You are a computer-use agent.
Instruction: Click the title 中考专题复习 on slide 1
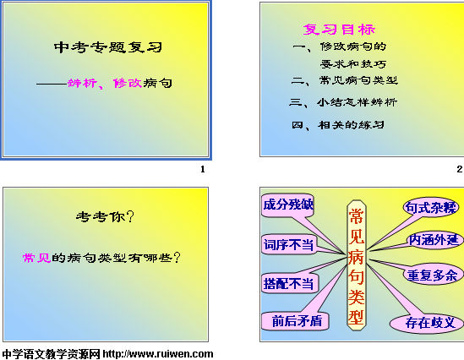(108, 47)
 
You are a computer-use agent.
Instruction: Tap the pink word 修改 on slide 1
(128, 83)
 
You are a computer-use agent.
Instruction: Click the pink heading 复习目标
(339, 30)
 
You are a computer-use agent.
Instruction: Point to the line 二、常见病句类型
(345, 80)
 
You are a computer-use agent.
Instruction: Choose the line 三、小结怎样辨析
(343, 102)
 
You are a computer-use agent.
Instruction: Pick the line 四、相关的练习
(338, 125)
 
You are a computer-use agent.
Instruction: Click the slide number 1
(203, 169)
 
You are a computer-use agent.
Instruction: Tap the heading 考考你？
(106, 216)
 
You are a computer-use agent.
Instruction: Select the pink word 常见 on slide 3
(37, 258)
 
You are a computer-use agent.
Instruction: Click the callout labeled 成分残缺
(288, 205)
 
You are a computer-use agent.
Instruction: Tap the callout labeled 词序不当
(289, 244)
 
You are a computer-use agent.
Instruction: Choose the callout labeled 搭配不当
(289, 283)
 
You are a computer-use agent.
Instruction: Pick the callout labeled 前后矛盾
(295, 321)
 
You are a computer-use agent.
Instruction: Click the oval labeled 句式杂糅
(431, 207)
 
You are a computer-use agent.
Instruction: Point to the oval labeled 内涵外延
(434, 240)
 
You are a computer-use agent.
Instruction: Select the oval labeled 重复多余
(433, 275)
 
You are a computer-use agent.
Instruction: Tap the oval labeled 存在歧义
(428, 323)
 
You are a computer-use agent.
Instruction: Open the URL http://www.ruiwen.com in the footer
(158, 354)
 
